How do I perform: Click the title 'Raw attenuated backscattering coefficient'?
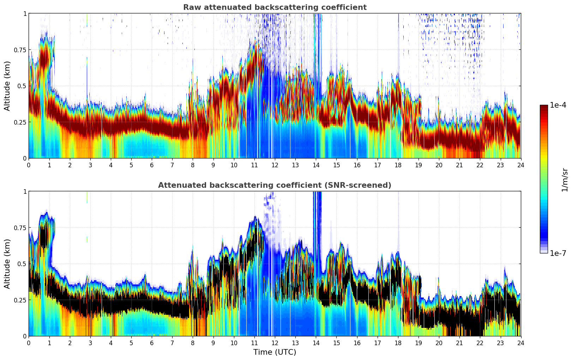275,7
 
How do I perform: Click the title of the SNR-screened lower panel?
275,185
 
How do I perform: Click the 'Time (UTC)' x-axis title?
275,352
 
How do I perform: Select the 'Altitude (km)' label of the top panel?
7,86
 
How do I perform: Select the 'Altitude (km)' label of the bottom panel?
7,264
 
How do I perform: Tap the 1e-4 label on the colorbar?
558,105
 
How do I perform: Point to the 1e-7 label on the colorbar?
558,253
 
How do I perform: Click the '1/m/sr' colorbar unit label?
565,180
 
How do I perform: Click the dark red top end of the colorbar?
544,107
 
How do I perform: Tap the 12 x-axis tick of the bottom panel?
275,343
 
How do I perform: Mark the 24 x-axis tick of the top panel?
521,165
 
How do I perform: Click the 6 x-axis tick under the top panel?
152,165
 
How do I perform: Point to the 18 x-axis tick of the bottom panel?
398,343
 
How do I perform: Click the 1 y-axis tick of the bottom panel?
25,191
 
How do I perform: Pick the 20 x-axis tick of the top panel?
439,165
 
